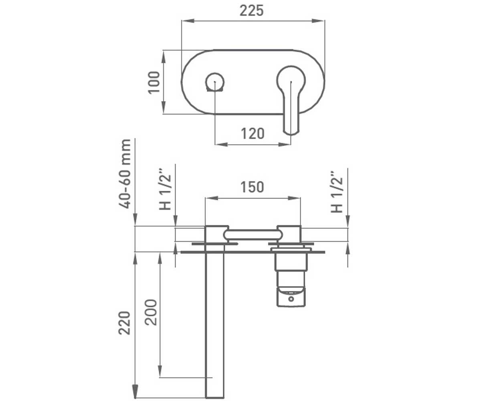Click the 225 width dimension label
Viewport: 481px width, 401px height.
click(251, 10)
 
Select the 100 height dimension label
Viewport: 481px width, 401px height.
click(154, 82)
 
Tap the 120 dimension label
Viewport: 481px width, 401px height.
click(253, 134)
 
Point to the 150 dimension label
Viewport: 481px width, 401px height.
click(252, 187)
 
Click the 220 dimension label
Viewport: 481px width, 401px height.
click(124, 323)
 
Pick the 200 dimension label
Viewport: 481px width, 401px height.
click(151, 312)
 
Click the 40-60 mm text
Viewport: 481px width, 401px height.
click(125, 174)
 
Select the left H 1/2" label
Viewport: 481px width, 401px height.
click(165, 189)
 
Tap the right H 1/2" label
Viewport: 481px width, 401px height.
click(337, 192)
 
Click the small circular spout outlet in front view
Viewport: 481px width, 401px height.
click(215, 82)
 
